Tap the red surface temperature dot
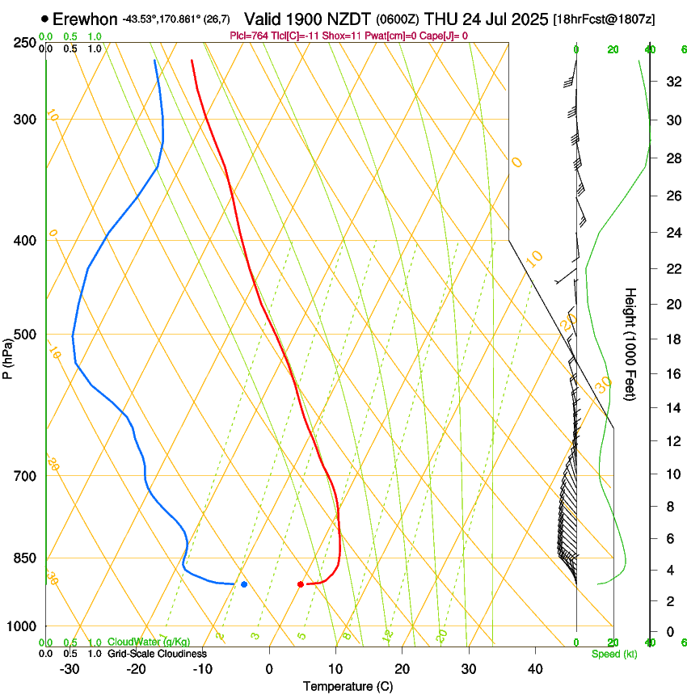pos(300,584)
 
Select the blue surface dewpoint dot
pos(244,584)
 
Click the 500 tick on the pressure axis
pos(27,335)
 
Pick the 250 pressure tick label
pos(27,42)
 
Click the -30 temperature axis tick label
pos(70,669)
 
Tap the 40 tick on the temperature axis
pos(535,669)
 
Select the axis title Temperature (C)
pos(348,686)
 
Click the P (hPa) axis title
pos(7,354)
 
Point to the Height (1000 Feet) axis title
pos(630,344)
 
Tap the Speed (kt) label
pos(613,654)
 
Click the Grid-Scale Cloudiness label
pos(157,654)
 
